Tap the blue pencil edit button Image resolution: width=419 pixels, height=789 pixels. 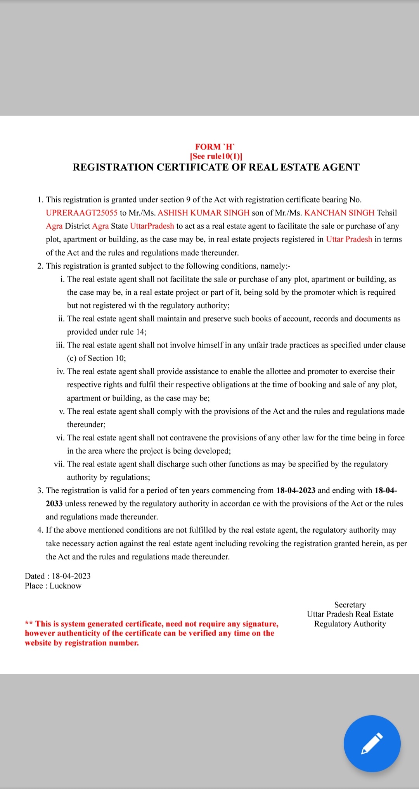[x=372, y=743]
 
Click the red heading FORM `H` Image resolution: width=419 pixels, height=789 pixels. [x=215, y=147]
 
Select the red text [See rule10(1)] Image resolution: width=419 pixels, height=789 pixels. [x=216, y=156]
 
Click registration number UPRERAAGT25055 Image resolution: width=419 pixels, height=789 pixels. [x=81, y=213]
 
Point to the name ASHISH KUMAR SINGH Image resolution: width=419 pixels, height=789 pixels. [x=203, y=213]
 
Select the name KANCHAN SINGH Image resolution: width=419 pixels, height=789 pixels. [x=339, y=213]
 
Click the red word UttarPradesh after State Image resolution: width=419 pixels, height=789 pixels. [x=152, y=226]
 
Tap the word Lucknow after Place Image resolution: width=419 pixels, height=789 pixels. [x=66, y=586]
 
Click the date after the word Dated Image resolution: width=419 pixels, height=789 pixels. [x=71, y=576]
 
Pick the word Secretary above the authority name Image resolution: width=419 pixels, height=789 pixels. [x=350, y=605]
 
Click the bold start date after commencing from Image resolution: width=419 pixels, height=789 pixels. [x=296, y=490]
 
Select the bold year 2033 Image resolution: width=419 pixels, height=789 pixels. [x=54, y=504]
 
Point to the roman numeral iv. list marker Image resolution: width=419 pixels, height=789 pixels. [x=61, y=371]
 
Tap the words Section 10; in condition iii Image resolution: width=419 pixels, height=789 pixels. [x=107, y=358]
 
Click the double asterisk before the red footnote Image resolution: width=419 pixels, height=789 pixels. [x=29, y=624]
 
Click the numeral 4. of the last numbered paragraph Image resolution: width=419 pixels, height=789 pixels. [x=40, y=530]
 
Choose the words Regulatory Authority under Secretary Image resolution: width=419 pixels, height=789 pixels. [x=350, y=624]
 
